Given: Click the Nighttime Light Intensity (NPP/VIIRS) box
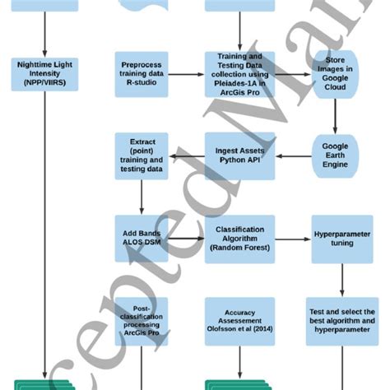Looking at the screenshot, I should (x=44, y=73).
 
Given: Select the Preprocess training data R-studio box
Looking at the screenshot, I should (x=142, y=74).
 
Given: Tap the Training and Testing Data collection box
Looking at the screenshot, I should (x=239, y=75).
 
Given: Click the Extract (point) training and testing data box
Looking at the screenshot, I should (x=142, y=156).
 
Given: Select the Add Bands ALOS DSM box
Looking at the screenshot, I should (x=142, y=239).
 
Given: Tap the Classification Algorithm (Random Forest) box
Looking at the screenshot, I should (x=239, y=239).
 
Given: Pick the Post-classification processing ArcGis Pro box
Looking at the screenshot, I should (x=142, y=321).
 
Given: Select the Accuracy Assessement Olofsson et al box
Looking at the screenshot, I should (x=239, y=321).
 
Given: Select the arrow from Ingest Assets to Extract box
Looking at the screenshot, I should (x=186, y=156).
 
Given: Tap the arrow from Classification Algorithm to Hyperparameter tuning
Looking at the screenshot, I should (x=293, y=239).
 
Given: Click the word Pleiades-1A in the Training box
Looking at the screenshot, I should (x=232, y=84).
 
